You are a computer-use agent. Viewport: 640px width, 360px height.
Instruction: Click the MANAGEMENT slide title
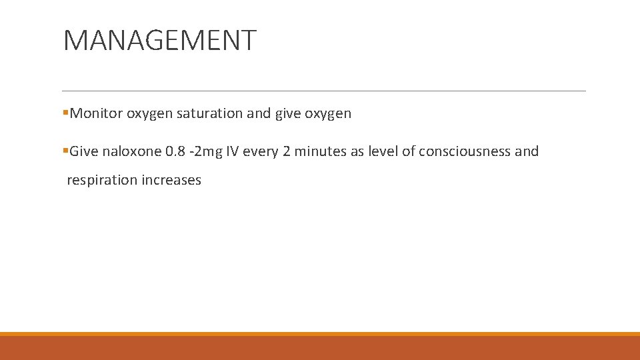(159, 40)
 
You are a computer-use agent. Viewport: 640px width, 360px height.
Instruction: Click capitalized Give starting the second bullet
(84, 151)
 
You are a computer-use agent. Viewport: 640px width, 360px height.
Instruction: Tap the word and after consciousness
(527, 151)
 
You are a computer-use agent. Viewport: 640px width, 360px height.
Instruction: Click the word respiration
(102, 180)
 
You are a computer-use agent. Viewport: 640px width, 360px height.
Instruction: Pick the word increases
(171, 180)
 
